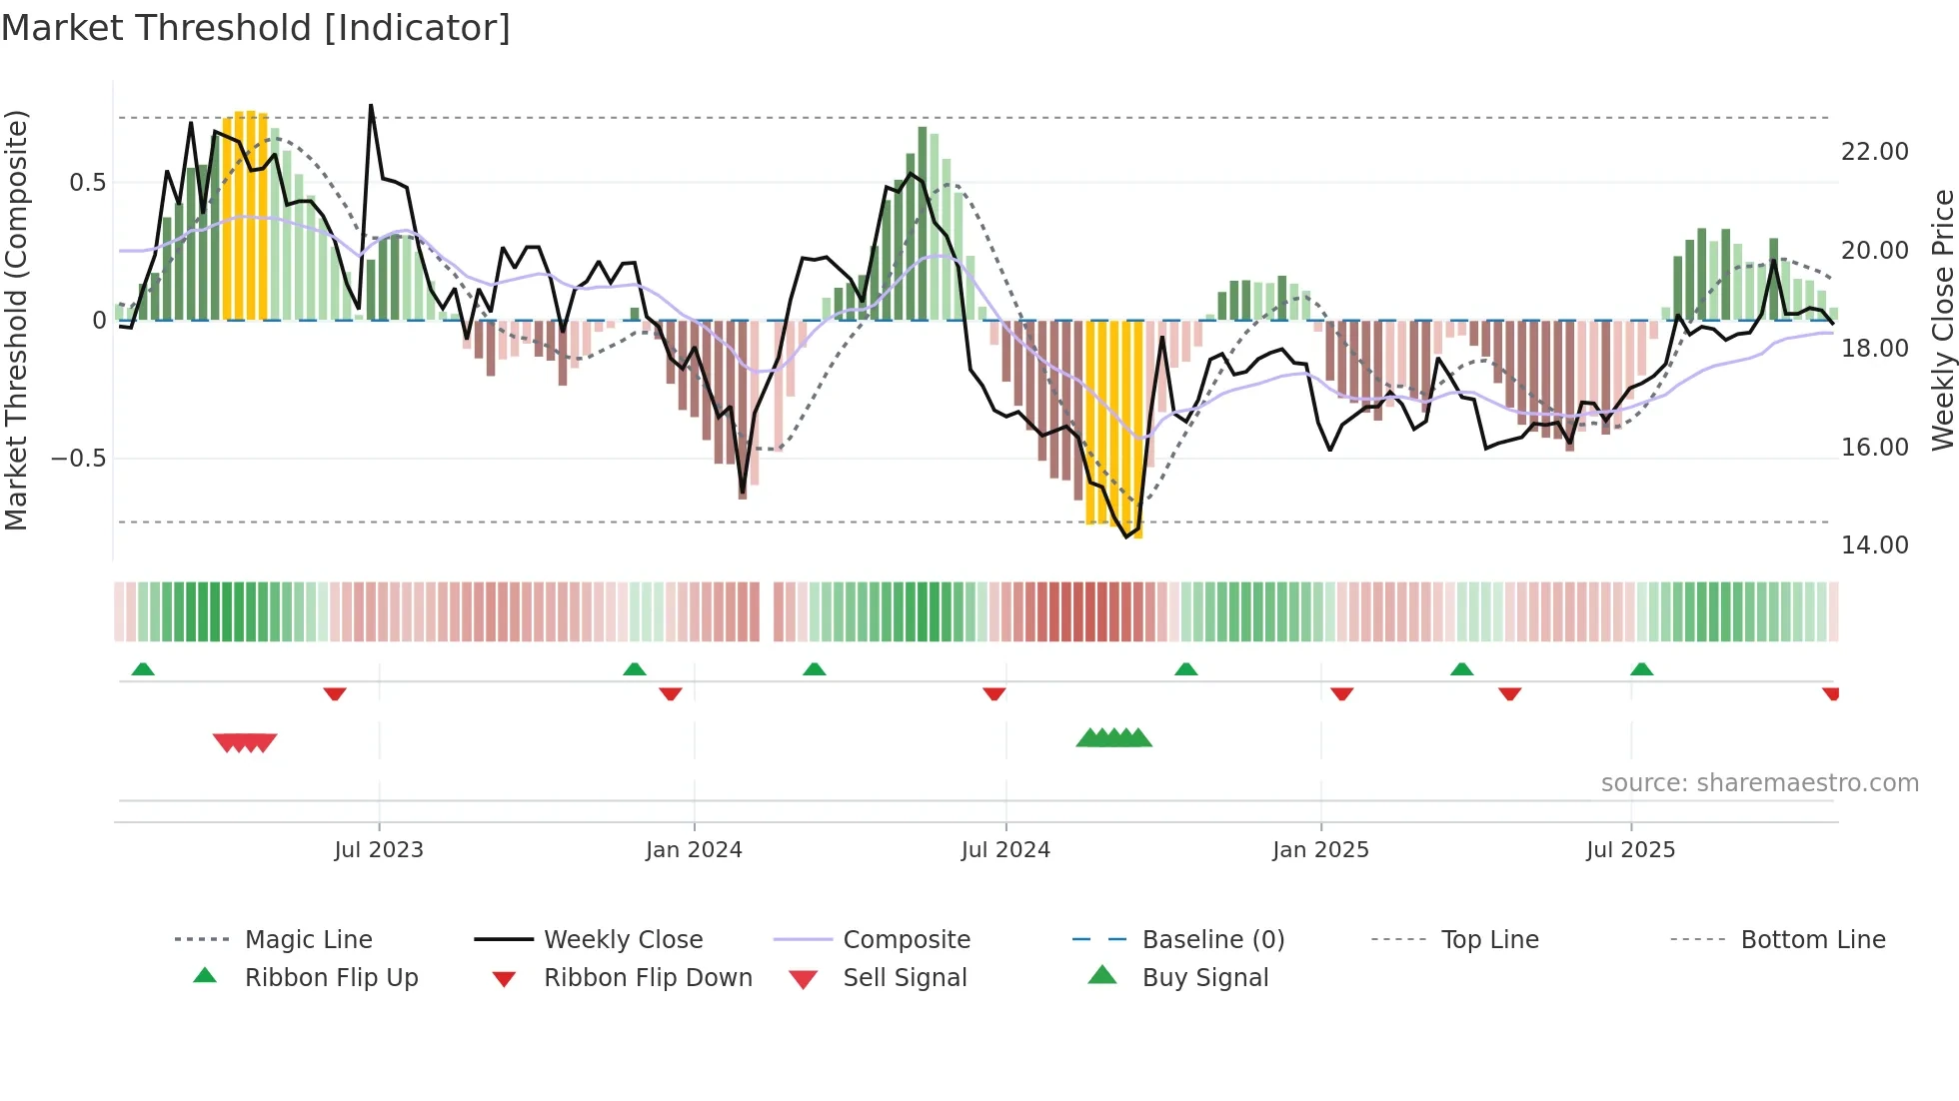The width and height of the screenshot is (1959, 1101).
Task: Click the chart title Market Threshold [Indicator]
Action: pyautogui.click(x=256, y=28)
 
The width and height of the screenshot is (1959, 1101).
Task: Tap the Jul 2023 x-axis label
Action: pyautogui.click(x=379, y=850)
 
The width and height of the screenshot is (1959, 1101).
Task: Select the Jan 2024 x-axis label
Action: pyautogui.click(x=694, y=850)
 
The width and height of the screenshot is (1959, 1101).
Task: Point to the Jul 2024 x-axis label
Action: pyautogui.click(x=1005, y=850)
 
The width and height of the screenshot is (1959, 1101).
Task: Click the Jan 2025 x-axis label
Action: pyautogui.click(x=1320, y=850)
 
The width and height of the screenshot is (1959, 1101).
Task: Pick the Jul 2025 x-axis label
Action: pyautogui.click(x=1630, y=850)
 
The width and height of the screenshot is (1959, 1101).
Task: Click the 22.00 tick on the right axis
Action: pyautogui.click(x=1875, y=152)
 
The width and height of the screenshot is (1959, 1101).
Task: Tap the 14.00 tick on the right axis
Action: pyautogui.click(x=1875, y=546)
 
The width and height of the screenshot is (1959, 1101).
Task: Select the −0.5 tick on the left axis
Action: pyautogui.click(x=78, y=459)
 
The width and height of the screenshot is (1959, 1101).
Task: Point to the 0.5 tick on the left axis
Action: pyautogui.click(x=87, y=183)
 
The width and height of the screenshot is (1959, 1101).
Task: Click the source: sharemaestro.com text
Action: pyautogui.click(x=1759, y=783)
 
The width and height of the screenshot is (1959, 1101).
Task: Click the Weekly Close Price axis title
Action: pyautogui.click(x=1942, y=320)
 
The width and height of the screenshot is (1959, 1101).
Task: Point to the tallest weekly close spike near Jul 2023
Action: pyautogui.click(x=371, y=106)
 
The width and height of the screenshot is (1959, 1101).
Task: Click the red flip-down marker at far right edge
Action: pyautogui.click(x=1831, y=693)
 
